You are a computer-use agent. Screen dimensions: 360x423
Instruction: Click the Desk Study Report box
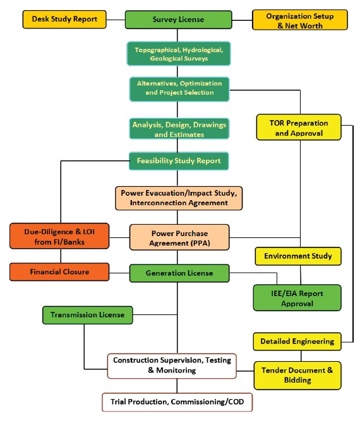point(64,20)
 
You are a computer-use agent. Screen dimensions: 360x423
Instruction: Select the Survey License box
point(178,20)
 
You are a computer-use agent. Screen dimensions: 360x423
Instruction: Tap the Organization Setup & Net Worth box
point(300,20)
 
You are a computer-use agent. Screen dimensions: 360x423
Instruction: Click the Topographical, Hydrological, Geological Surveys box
point(179,54)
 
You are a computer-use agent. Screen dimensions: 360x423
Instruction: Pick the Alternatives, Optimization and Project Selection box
point(179,89)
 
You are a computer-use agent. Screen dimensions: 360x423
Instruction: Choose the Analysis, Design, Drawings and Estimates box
point(179,129)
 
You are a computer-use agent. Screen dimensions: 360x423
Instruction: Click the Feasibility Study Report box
point(179,161)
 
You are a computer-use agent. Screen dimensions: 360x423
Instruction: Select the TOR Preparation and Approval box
point(299,127)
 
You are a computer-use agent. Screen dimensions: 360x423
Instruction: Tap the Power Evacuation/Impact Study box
point(179,198)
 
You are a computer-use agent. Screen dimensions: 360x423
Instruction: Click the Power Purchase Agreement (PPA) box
point(179,237)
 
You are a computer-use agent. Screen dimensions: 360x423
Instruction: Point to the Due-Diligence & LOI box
point(59,236)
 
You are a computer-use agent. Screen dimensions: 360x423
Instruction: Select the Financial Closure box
point(59,272)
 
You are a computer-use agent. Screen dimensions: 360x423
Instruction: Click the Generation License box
point(179,273)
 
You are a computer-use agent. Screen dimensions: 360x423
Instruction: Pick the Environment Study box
point(298,256)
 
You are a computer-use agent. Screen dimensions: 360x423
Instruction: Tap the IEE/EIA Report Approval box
point(297,298)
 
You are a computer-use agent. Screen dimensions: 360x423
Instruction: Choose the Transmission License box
point(88,315)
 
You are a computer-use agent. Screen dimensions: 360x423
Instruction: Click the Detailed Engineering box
point(297,342)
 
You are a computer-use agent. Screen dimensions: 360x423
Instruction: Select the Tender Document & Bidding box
point(297,376)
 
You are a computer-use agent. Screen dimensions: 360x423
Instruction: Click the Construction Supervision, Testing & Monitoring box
point(172,366)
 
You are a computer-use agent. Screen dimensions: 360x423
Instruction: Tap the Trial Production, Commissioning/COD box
point(177,402)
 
